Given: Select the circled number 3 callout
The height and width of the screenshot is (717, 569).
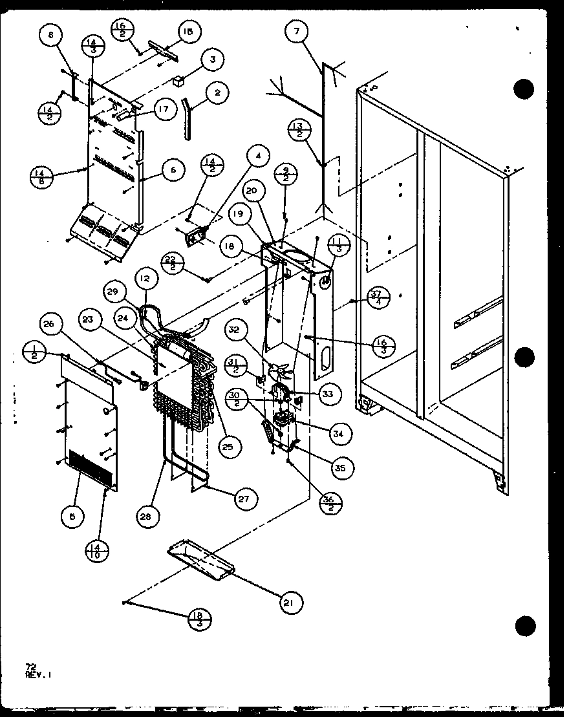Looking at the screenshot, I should [211, 59].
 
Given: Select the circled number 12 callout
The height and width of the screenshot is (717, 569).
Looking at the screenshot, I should [144, 279].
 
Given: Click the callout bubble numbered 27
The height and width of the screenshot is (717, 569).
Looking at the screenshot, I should [246, 498].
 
